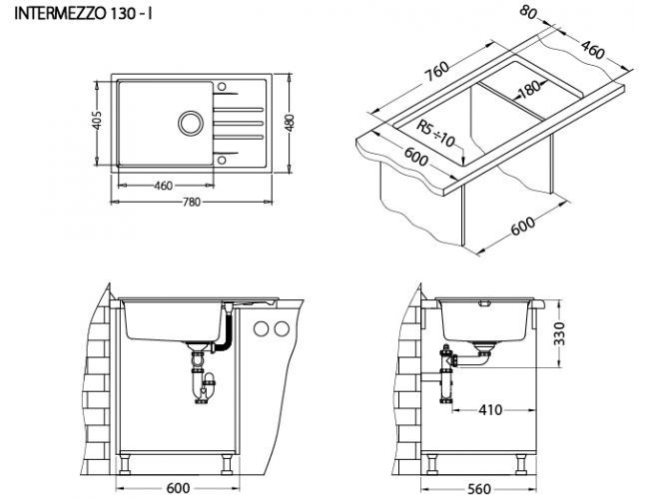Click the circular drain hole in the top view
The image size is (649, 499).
(188, 123)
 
